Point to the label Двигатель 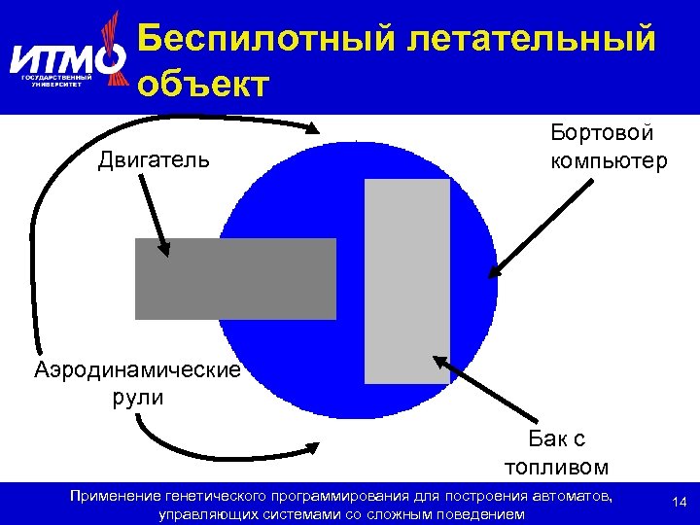pyautogui.click(x=153, y=157)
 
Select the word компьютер pyautogui.click(x=609, y=159)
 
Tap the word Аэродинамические pyautogui.click(x=137, y=370)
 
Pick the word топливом pyautogui.click(x=557, y=466)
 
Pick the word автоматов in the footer pyautogui.click(x=574, y=497)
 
